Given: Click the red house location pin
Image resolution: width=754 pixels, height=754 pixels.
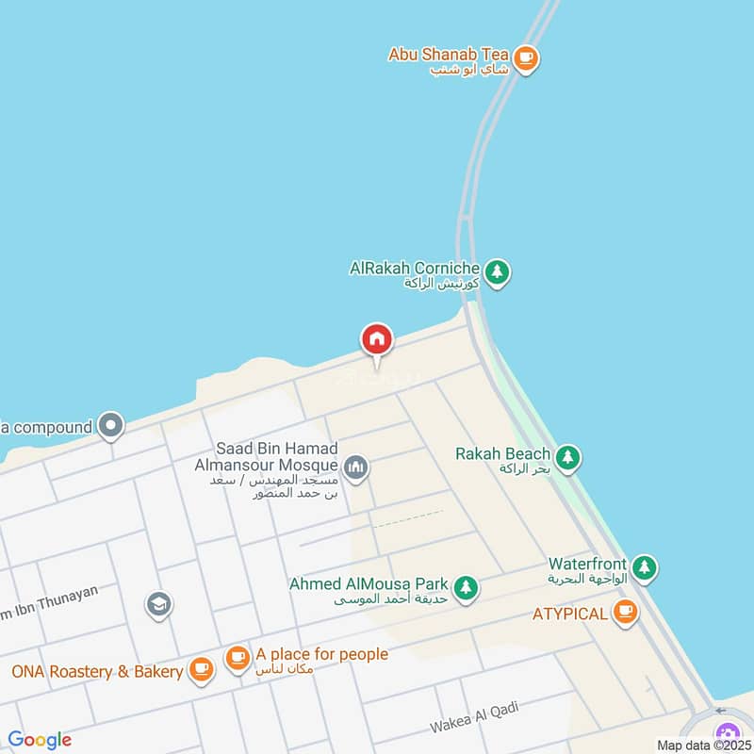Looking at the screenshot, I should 377,340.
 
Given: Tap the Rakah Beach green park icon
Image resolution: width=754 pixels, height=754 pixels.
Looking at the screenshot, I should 567,458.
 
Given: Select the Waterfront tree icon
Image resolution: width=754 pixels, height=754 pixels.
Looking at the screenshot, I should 645,567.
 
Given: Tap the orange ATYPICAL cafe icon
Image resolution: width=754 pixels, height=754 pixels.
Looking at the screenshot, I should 624,614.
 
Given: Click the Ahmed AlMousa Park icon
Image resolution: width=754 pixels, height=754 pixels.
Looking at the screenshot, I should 465,589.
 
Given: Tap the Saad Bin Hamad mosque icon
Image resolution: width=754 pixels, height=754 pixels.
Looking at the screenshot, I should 355,467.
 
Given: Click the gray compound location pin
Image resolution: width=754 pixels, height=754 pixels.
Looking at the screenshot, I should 111,426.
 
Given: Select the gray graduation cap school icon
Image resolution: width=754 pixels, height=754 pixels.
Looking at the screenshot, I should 159,604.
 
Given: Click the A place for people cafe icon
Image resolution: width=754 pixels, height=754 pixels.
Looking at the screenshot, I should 237,657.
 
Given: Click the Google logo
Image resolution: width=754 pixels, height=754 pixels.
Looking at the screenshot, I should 40,740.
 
